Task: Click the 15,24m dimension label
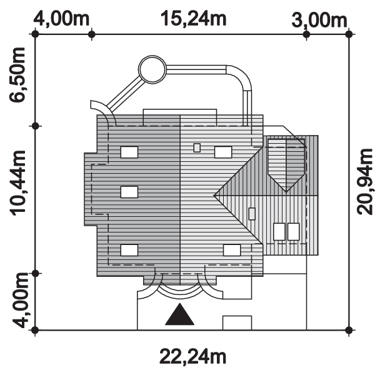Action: coord(193,19)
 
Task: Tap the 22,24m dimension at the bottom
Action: coord(192,357)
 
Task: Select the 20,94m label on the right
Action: coord(365,182)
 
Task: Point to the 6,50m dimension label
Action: coord(17,74)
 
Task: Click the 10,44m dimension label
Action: coord(17,183)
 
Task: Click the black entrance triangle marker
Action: coord(180,314)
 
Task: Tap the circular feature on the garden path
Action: coord(152,69)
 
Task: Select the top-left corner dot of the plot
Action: coord(36,34)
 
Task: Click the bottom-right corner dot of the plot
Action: coord(349,330)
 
